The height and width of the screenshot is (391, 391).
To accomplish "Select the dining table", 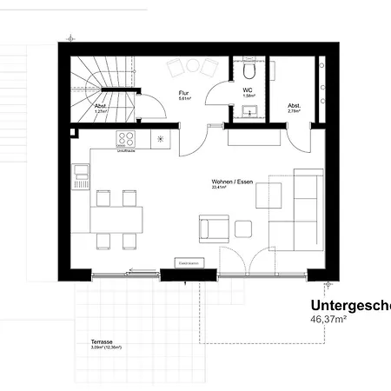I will click(x=117, y=216).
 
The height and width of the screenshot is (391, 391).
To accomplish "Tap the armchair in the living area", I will click(x=213, y=229).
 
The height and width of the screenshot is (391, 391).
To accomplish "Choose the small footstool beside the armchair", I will click(x=244, y=229).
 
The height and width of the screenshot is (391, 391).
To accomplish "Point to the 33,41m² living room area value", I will click(x=218, y=187).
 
